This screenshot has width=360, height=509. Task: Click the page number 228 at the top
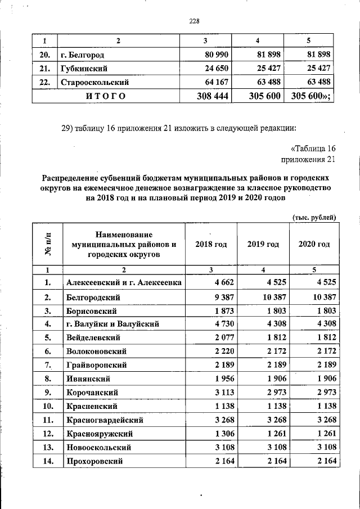(194, 21)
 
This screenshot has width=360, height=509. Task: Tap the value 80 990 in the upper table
(215, 55)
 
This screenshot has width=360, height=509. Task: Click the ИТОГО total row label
(105, 96)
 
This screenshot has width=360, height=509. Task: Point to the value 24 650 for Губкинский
(215, 69)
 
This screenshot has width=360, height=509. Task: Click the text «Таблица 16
(313, 148)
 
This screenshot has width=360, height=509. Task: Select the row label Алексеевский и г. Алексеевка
(123, 282)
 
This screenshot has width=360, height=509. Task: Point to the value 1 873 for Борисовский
(218, 310)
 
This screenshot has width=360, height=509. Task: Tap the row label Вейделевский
(94, 337)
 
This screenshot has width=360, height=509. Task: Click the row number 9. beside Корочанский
(48, 393)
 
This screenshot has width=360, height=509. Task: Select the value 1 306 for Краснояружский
(218, 434)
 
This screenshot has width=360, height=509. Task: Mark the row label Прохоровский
(94, 461)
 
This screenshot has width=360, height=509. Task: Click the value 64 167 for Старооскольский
(215, 82)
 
